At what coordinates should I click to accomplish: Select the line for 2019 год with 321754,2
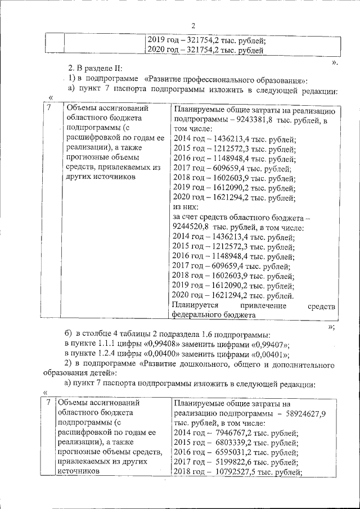pos(206,40)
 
